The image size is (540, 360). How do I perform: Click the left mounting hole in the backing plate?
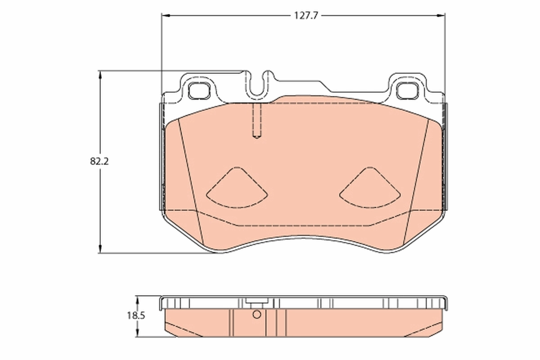(198, 91)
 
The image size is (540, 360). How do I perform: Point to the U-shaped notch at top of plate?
(257, 85)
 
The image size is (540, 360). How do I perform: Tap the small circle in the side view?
(256, 315)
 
